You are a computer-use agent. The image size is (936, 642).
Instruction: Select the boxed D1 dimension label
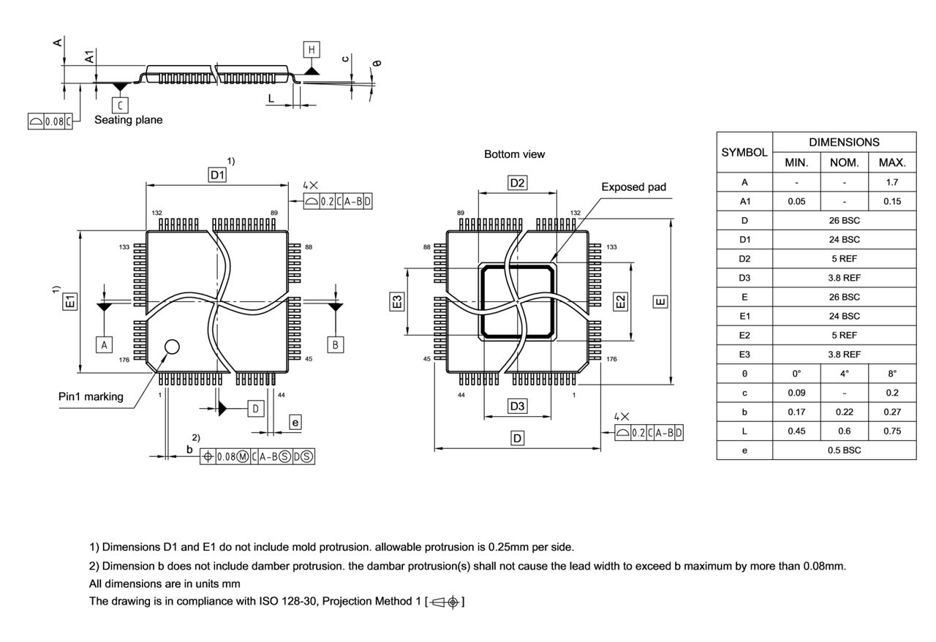(x=217, y=175)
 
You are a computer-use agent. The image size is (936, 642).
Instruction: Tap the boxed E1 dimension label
(x=69, y=301)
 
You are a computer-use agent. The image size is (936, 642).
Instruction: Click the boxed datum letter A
(x=105, y=344)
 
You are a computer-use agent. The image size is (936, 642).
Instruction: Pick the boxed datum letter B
(x=336, y=344)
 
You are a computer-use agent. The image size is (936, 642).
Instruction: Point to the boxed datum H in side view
(x=312, y=50)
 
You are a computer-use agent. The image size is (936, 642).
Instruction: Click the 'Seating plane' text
(x=128, y=120)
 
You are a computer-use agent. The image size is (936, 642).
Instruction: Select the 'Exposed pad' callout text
(x=633, y=187)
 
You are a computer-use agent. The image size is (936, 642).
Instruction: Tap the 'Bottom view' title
(x=514, y=154)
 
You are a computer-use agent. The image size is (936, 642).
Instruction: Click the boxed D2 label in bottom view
(x=517, y=183)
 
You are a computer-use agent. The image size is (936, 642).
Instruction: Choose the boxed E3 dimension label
(x=396, y=301)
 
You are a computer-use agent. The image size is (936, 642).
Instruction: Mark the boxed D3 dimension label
(x=517, y=406)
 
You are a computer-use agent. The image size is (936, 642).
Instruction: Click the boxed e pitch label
(x=295, y=422)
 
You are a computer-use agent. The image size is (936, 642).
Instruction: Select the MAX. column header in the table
(x=891, y=162)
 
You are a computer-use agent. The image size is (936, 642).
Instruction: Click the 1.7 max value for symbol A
(x=891, y=182)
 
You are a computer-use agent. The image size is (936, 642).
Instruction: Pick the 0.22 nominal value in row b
(x=844, y=412)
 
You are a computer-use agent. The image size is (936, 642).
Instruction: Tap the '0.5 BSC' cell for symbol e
(x=844, y=450)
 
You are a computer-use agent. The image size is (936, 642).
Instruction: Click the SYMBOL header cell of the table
(x=744, y=153)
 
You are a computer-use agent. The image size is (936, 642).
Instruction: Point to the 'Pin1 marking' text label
(x=91, y=396)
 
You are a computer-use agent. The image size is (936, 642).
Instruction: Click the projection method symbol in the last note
(x=445, y=602)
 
